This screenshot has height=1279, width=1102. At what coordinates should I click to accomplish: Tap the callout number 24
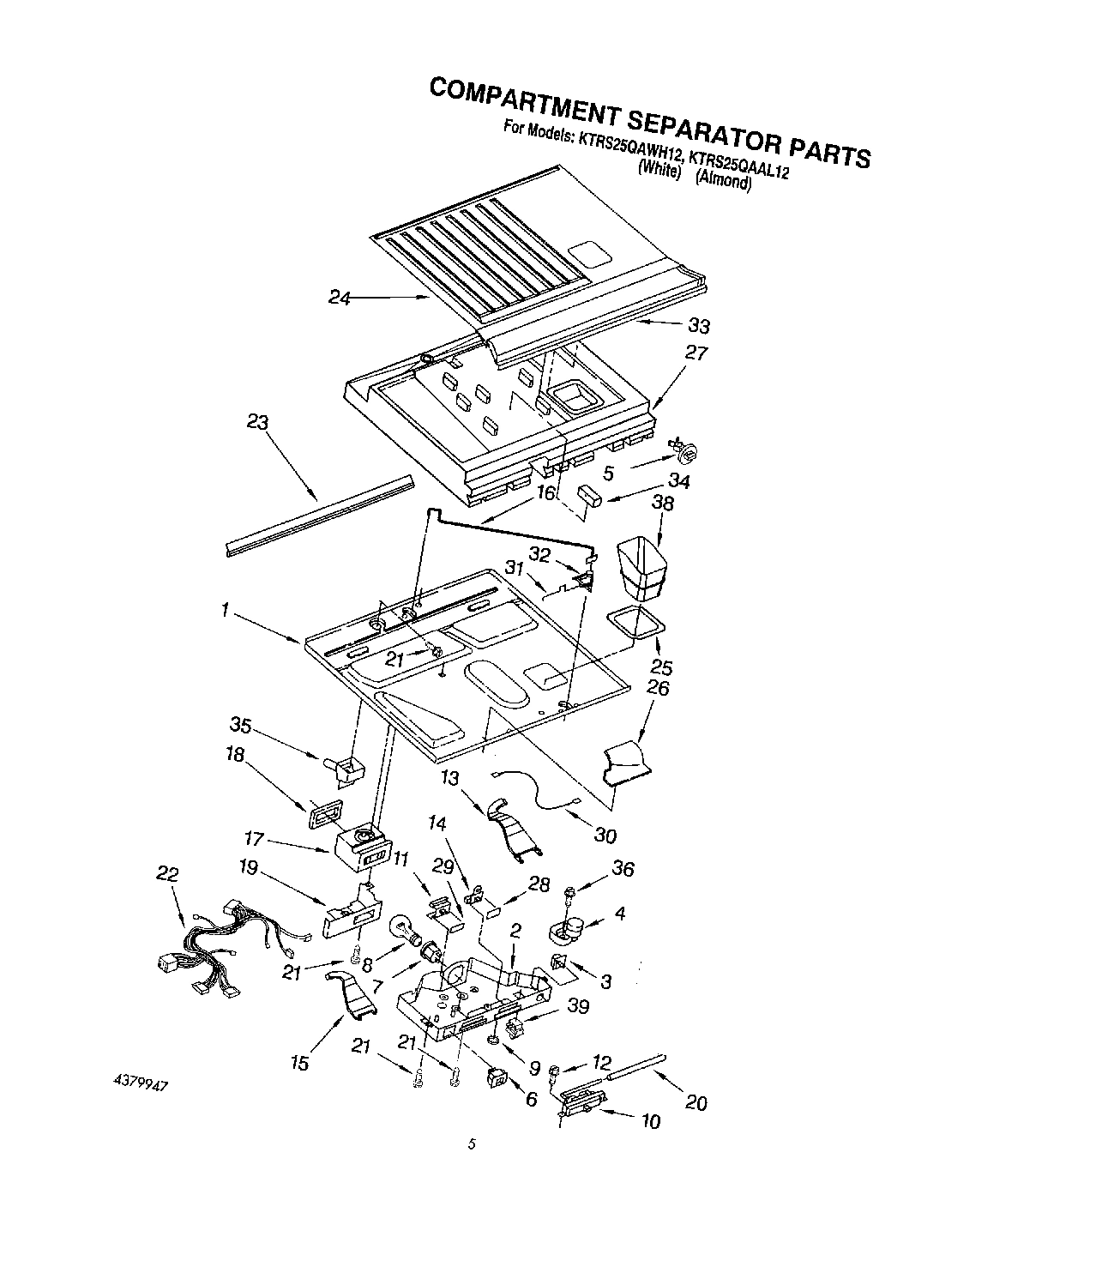[x=340, y=297]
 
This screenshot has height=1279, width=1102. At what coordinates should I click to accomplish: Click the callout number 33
[x=699, y=326]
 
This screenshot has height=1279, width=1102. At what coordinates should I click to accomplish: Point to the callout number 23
[x=257, y=423]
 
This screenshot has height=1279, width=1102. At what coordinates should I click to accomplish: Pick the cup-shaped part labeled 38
[x=642, y=565]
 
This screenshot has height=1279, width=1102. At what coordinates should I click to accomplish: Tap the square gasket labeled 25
[x=636, y=624]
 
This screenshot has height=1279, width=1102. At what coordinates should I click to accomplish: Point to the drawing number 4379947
[x=140, y=1083]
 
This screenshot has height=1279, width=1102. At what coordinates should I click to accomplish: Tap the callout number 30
[x=605, y=835]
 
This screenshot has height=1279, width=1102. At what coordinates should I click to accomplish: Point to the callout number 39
[x=578, y=1006]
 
